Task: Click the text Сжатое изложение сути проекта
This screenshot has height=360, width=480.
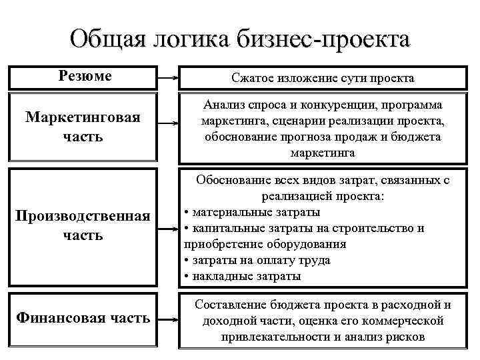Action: point(323,79)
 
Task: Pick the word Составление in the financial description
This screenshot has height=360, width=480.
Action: point(232,305)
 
